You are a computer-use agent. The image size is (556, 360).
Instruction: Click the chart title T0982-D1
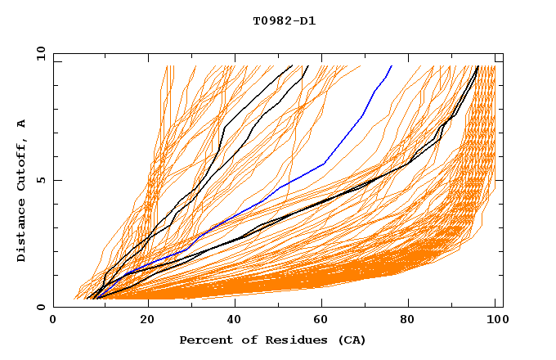(284, 21)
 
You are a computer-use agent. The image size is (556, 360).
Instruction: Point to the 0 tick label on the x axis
(54, 321)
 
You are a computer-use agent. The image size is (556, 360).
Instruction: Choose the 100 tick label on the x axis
(496, 321)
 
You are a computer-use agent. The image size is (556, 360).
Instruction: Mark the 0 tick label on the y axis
(41, 307)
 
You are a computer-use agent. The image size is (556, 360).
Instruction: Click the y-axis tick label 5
(41, 180)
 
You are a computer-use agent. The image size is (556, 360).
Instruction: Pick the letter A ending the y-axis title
(22, 124)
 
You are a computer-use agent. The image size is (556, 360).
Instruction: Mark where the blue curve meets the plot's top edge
(392, 65)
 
